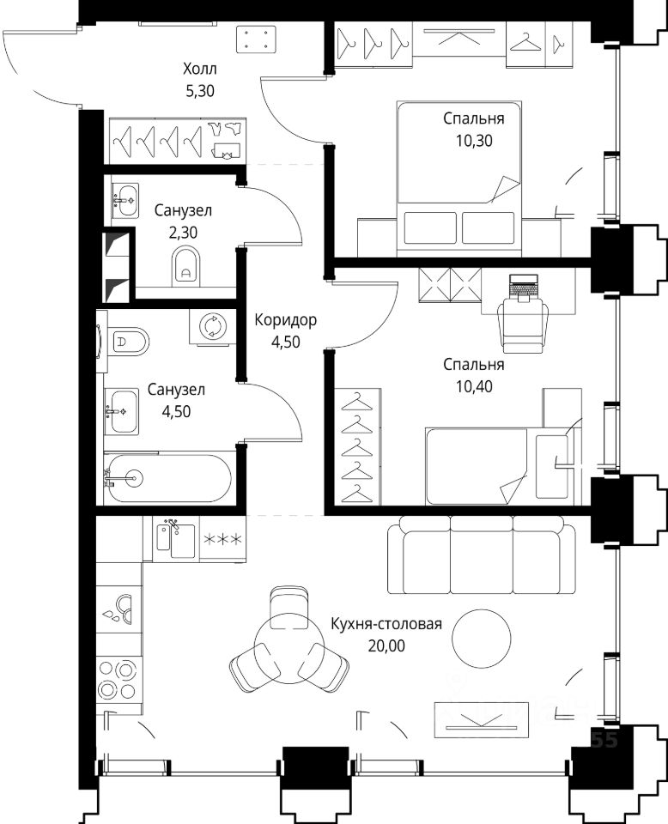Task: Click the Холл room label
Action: point(200,69)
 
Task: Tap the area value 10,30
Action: point(474,141)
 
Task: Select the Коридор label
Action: point(285,319)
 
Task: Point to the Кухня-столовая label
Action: point(386,624)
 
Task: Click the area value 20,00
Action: point(386,645)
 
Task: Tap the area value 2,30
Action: point(183,232)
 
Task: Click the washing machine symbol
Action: point(213,327)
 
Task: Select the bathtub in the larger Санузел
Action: point(167,478)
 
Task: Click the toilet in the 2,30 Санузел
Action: point(186,265)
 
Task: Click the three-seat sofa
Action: point(482,555)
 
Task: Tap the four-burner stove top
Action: point(118,679)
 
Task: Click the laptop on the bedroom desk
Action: point(524,288)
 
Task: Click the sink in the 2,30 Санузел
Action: point(125,200)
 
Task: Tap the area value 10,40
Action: point(474,387)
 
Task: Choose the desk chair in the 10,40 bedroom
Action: point(523,326)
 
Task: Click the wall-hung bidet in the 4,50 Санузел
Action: point(128,342)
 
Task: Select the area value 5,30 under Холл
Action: point(200,91)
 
